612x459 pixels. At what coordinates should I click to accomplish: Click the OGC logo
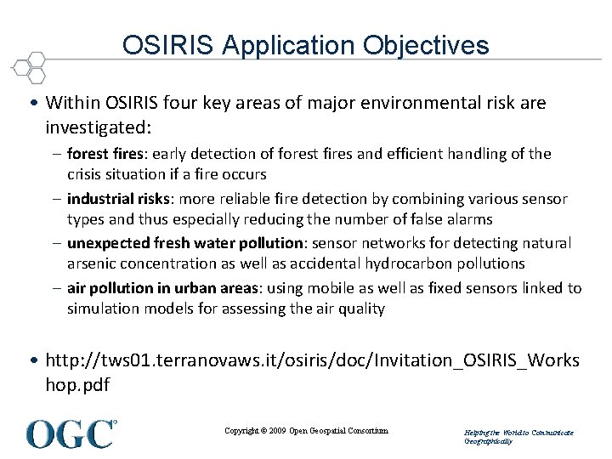71,433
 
